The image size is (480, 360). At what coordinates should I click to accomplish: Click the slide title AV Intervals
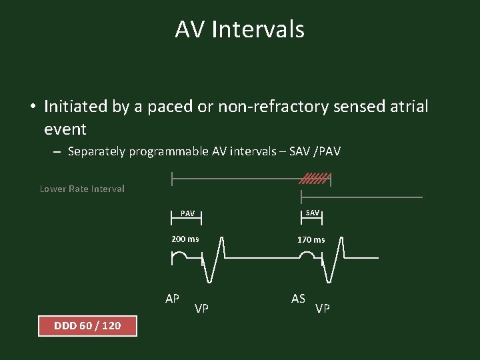coord(240,29)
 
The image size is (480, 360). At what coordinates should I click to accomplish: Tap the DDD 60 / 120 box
coord(87,325)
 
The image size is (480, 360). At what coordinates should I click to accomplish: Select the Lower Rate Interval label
coord(82,189)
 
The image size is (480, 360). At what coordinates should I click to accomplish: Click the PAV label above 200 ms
coord(188,213)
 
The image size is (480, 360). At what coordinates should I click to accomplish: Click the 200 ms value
coord(185,239)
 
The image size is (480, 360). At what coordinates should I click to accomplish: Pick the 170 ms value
coord(311,239)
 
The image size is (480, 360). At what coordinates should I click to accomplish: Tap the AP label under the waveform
coord(172,298)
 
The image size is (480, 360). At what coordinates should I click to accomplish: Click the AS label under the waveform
coord(298,298)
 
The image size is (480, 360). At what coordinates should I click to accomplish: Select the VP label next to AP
coord(201,308)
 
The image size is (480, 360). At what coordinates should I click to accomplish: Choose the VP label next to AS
coord(322,308)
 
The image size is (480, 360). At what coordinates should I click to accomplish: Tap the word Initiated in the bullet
coord(73,106)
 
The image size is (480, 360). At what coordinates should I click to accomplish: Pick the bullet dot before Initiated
coord(32,107)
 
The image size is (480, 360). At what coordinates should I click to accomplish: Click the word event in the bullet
coord(65,128)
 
